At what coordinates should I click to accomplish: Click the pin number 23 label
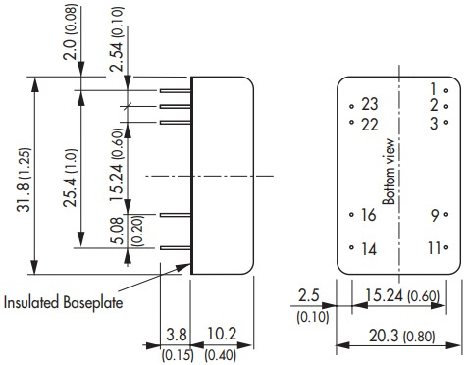pos(370,104)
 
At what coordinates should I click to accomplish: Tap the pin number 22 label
pos(370,125)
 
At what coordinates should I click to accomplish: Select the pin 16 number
pos(369,215)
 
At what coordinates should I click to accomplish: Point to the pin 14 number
pos(369,249)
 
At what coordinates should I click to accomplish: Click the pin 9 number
pos(435,216)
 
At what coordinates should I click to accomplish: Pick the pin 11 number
pos(434,248)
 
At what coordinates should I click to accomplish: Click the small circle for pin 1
pos(446,91)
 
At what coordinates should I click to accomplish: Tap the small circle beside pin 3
pos(446,122)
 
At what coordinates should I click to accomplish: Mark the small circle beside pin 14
pos(351,247)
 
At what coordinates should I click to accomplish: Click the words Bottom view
pos(390,172)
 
